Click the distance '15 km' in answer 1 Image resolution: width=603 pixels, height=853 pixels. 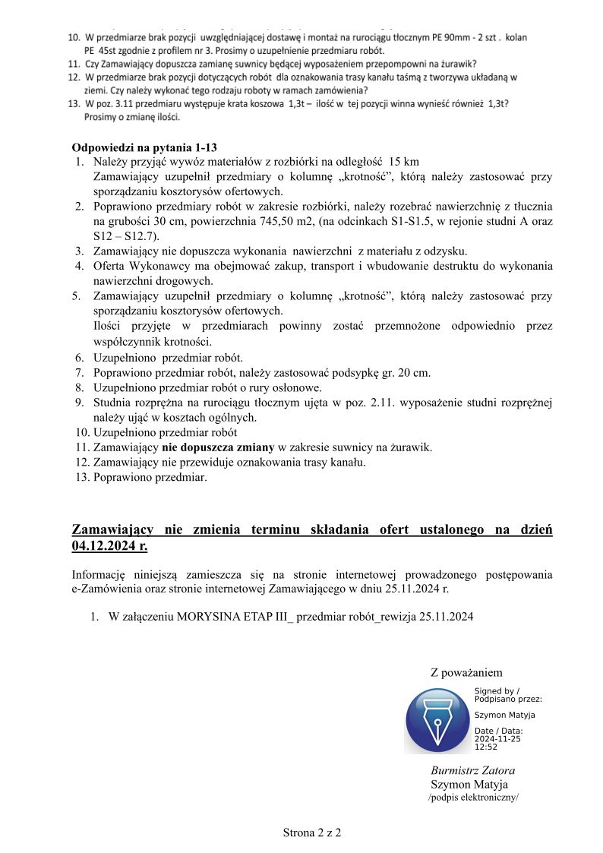pos(403,162)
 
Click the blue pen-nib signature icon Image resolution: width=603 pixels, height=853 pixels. pos(437,719)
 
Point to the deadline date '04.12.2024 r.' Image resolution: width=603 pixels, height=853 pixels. pos(109,545)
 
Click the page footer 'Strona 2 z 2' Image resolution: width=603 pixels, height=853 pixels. pos(312,832)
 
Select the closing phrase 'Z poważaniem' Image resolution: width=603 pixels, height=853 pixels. pos(466,672)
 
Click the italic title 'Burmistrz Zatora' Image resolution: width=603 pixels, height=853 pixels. pos(473,770)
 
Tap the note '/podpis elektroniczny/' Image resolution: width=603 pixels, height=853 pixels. pos(473,798)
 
